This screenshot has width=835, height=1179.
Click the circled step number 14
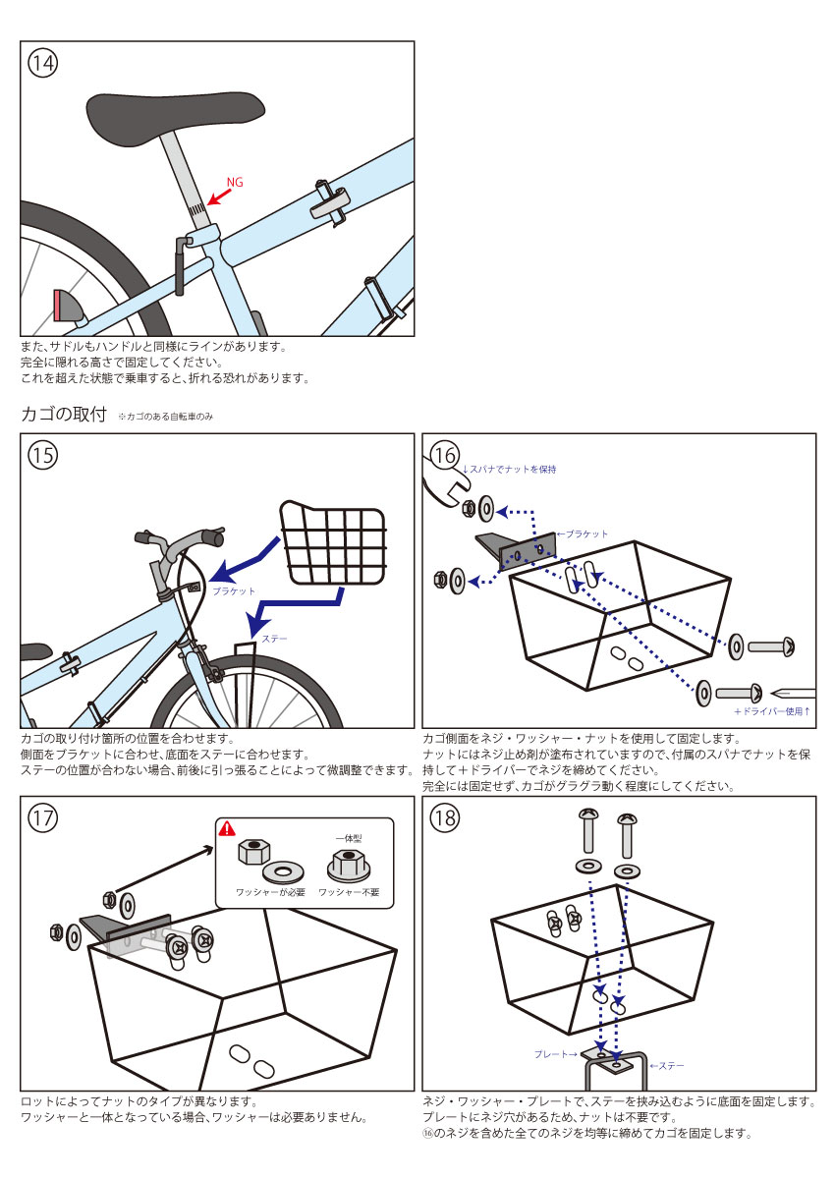point(42,63)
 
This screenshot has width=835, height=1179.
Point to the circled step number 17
point(42,817)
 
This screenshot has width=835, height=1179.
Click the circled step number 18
point(445,817)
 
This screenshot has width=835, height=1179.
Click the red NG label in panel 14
point(235,183)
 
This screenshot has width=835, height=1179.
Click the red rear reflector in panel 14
point(64,306)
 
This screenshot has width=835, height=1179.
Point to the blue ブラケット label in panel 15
point(234,591)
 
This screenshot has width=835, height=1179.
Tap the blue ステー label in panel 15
point(275,639)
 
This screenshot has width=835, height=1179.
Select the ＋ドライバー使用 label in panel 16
point(772,711)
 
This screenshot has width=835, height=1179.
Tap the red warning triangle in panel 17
point(227,828)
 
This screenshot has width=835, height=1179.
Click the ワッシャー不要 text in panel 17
point(349,893)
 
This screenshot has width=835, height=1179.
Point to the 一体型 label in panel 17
point(349,836)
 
